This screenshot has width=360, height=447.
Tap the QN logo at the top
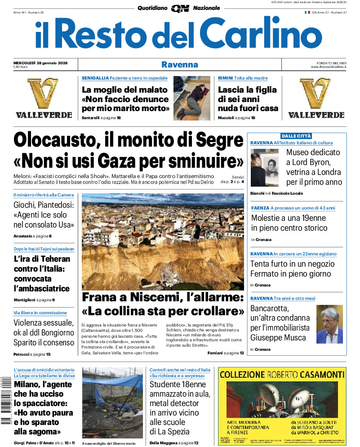180,8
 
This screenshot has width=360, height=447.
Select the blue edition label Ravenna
180,64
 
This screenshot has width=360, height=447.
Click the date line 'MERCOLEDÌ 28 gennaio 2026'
40,63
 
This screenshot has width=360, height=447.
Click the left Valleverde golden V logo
44,93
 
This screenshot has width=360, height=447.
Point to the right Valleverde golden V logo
316,93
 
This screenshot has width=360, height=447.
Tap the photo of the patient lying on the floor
192,98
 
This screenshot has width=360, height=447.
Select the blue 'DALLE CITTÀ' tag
296,136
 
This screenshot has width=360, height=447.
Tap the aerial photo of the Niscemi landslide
163,241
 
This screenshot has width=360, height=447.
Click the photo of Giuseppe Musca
329,324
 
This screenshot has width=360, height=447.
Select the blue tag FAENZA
260,208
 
